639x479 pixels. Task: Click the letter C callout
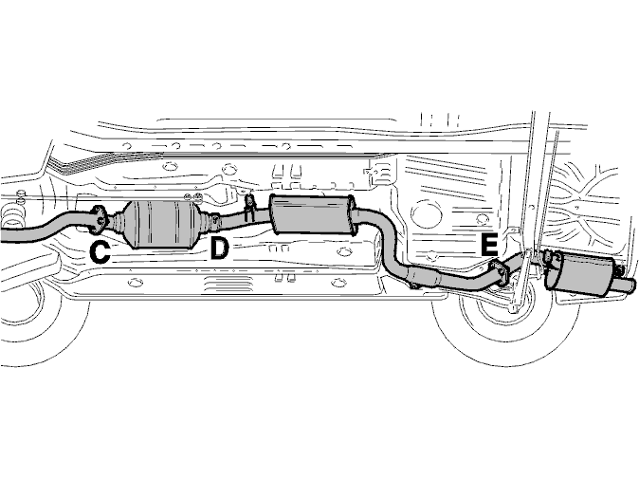click(100, 252)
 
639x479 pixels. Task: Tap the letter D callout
click(219, 249)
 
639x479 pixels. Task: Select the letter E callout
click(489, 244)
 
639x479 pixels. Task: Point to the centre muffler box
click(312, 214)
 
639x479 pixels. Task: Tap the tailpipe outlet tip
click(627, 285)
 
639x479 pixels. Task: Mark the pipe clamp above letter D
click(215, 221)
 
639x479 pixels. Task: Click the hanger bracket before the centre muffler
click(249, 208)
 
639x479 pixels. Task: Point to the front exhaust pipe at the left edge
click(41, 230)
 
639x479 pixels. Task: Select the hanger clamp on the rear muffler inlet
click(550, 259)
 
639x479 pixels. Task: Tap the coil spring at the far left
click(11, 216)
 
